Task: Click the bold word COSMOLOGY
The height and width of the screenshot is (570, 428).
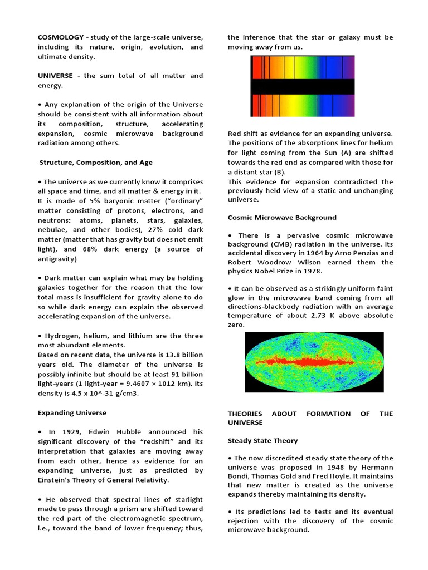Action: point(60,37)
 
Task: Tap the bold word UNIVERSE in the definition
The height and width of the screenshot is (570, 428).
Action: point(55,76)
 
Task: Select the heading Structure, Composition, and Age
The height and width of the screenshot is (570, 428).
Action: point(96,163)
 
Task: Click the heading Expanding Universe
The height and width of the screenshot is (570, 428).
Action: point(72,413)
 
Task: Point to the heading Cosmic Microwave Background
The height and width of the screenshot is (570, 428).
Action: point(282,217)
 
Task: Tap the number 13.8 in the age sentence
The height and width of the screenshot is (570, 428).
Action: point(152,355)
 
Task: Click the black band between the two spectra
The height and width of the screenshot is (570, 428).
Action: point(302,86)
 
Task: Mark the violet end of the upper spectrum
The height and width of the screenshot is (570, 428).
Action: point(348,67)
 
